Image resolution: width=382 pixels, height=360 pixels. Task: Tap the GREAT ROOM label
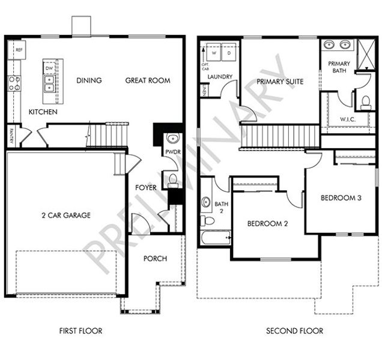click(x=147, y=80)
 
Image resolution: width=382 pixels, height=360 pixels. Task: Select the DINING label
click(x=88, y=80)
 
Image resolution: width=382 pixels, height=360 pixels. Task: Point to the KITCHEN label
click(x=43, y=112)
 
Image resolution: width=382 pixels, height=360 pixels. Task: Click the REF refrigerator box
click(x=19, y=50)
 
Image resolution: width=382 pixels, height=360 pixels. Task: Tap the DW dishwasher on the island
click(x=49, y=68)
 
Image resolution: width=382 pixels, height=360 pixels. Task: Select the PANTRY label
click(x=11, y=134)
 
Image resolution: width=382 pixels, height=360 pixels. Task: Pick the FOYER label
click(x=145, y=188)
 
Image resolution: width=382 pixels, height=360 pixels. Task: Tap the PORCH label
click(x=156, y=259)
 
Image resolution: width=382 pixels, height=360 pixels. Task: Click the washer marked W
click(x=213, y=53)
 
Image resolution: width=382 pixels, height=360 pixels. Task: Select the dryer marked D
click(x=229, y=53)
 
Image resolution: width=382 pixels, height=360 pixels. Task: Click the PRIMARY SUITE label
click(x=280, y=82)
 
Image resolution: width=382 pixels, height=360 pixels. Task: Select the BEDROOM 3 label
click(x=340, y=198)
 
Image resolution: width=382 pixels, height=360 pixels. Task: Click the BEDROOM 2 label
click(x=268, y=224)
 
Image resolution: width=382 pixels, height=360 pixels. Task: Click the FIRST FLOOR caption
click(x=81, y=331)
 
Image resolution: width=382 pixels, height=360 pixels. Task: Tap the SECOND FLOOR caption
click(x=295, y=331)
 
